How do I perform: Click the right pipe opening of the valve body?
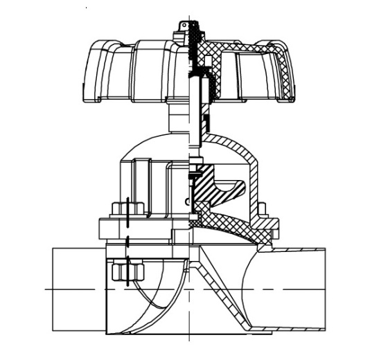(x=305, y=287)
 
